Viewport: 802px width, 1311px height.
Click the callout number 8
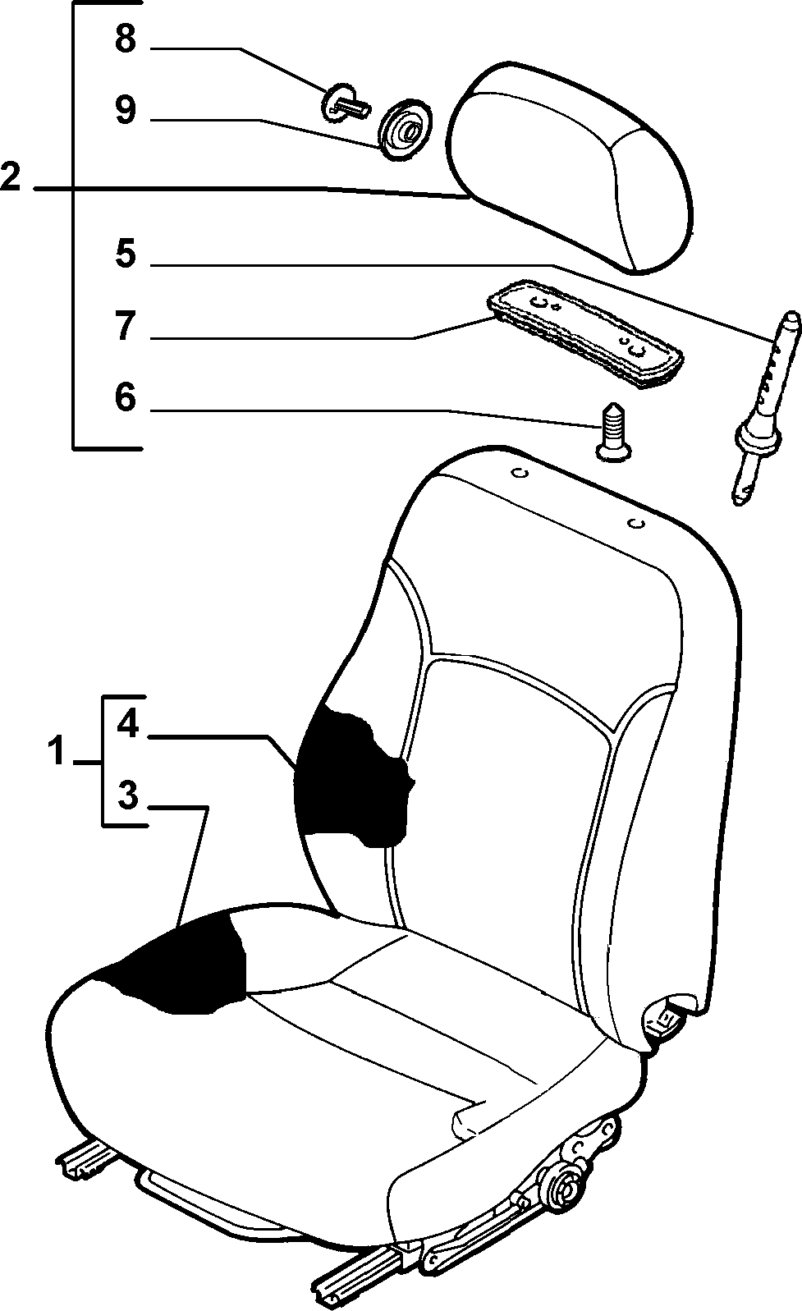coord(125,39)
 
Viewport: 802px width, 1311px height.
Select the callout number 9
coord(126,109)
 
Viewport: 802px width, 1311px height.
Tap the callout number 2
coord(11,176)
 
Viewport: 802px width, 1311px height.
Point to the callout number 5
coord(126,254)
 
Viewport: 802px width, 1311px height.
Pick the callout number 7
coord(126,326)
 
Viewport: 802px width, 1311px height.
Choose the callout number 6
coord(126,397)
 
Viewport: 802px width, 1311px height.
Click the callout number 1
coord(56,751)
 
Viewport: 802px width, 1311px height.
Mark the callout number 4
coord(127,725)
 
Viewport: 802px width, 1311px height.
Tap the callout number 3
coord(127,795)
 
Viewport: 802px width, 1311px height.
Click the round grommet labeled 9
coord(405,130)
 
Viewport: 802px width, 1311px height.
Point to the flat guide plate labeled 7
coord(585,333)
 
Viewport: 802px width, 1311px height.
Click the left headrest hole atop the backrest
coord(520,472)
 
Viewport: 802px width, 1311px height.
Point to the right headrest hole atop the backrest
coord(635,523)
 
